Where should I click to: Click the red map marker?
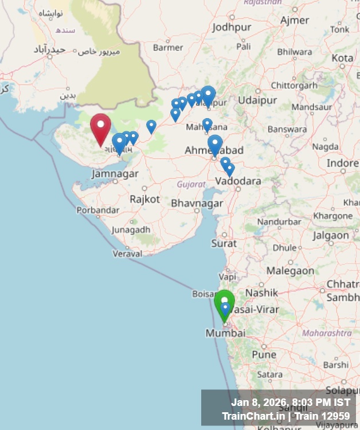coord(101,127)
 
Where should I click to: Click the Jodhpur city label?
coord(232,27)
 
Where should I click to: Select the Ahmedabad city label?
coord(214,150)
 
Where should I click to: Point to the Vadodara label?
coord(238,181)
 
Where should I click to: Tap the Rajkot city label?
coord(144,199)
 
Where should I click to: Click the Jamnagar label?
coord(115,173)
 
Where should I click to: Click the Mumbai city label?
coord(225,333)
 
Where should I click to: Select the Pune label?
coord(264,354)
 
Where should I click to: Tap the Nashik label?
coord(261,292)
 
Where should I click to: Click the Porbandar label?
coord(98,210)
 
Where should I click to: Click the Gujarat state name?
coord(191,184)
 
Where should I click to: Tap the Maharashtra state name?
coord(327,333)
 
